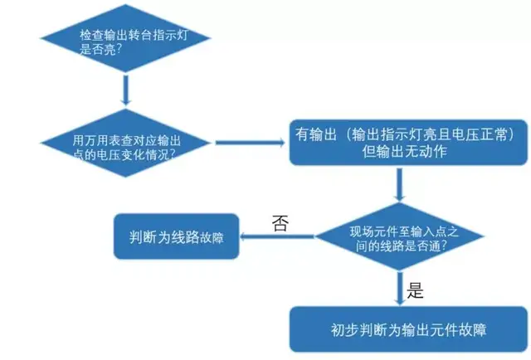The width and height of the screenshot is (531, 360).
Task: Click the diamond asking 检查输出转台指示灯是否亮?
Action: (124, 43)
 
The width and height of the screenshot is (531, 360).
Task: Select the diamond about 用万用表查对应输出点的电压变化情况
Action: (124, 143)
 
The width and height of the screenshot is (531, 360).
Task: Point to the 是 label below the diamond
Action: (416, 290)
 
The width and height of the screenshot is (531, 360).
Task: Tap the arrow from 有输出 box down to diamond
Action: (399, 184)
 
